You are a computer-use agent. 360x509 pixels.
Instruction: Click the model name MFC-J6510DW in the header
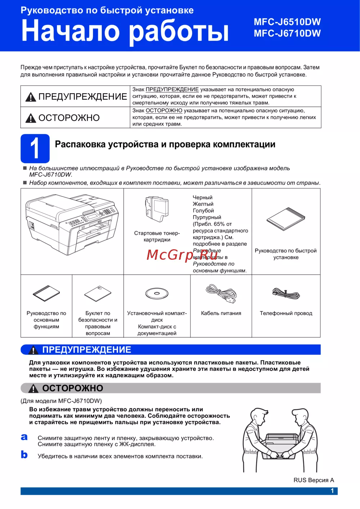pyautogui.click(x=287, y=22)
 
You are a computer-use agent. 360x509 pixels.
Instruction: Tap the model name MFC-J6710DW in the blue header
pyautogui.click(x=287, y=33)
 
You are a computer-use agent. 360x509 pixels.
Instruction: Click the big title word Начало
pyautogui.click(x=71, y=30)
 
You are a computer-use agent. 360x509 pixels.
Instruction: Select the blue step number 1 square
pyautogui.click(x=35, y=148)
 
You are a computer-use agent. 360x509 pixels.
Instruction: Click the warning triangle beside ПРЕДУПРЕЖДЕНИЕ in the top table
pyautogui.click(x=31, y=97)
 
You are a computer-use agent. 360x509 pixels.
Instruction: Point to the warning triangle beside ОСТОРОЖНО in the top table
pyautogui.click(x=31, y=118)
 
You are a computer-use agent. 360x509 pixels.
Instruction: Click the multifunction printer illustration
pyautogui.click(x=72, y=224)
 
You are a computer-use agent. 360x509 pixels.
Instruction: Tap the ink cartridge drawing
pyautogui.click(x=157, y=209)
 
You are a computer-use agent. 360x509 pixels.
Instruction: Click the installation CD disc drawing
pyautogui.click(x=157, y=294)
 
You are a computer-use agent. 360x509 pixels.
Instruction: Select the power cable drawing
pyautogui.click(x=221, y=294)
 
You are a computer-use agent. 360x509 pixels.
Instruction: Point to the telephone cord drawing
pyautogui.click(x=286, y=293)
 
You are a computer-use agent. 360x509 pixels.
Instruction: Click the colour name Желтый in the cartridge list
pyautogui.click(x=203, y=204)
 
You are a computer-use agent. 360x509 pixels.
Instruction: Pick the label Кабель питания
pyautogui.click(x=221, y=313)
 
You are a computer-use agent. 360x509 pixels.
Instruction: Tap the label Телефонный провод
pyautogui.click(x=286, y=313)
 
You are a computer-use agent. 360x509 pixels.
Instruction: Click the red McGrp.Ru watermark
pyautogui.click(x=182, y=255)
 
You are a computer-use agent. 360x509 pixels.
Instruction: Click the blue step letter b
pyautogui.click(x=24, y=454)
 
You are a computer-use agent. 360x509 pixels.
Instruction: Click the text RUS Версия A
pyautogui.click(x=314, y=480)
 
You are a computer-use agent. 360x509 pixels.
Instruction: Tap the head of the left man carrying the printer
pyautogui.click(x=259, y=416)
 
